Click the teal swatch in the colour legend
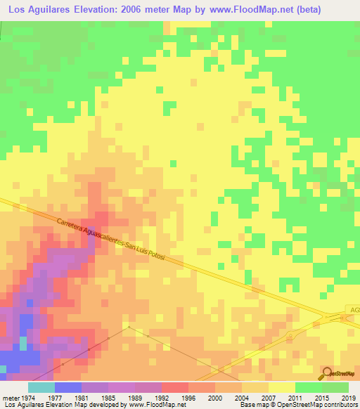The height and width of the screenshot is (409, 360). point(41,387)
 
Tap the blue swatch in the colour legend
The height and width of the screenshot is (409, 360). point(68,387)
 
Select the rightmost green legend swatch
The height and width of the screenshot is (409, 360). point(335,387)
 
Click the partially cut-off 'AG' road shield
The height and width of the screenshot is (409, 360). point(354,310)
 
